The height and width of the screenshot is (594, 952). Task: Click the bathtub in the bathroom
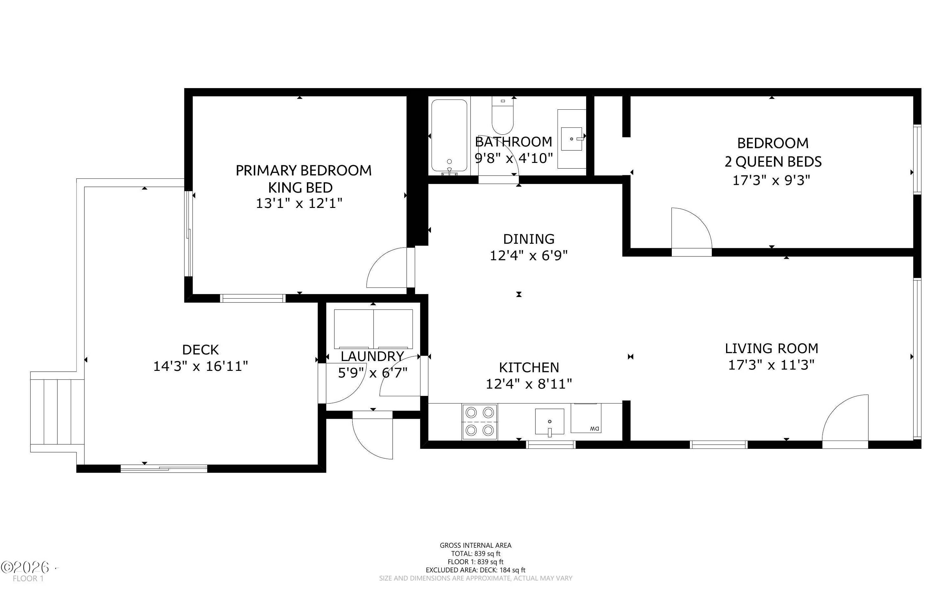[x=449, y=136]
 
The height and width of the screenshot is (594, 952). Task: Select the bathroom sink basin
[x=571, y=139]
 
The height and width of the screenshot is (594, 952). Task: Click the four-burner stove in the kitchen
[x=480, y=422]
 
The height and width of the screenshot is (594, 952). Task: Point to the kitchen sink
[x=549, y=422]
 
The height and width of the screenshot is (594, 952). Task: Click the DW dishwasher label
[x=595, y=429]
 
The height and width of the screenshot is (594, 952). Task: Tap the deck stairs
[x=57, y=412]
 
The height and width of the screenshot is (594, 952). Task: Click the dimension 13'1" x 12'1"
[x=299, y=203]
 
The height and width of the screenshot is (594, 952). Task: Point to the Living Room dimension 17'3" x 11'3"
[x=771, y=365]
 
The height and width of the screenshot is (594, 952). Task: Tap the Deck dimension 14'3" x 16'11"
[x=201, y=366]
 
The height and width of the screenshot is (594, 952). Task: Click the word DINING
[x=529, y=239]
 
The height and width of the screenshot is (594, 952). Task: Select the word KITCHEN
[x=529, y=367]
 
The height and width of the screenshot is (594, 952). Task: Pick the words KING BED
[x=301, y=187]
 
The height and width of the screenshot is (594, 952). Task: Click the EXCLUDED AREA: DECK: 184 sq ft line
[x=475, y=570]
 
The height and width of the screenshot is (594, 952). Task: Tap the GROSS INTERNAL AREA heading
[x=475, y=545]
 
